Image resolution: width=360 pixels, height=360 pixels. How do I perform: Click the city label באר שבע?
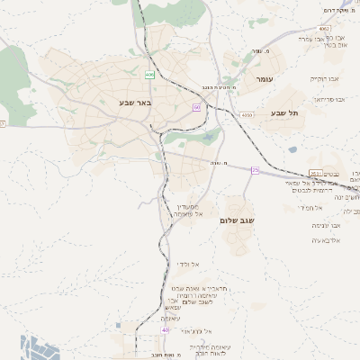(x=135, y=102)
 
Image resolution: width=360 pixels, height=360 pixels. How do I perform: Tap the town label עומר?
(x=267, y=80)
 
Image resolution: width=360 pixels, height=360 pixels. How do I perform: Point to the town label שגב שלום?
(x=237, y=218)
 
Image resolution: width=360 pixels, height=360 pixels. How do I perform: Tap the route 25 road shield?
(x=255, y=169)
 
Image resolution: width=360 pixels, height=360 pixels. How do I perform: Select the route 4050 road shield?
(x=247, y=115)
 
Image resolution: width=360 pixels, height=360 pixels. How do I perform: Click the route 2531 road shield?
(x=314, y=173)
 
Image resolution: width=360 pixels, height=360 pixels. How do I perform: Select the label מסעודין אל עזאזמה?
(x=187, y=211)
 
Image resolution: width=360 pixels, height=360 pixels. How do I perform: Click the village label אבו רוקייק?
(x=327, y=78)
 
